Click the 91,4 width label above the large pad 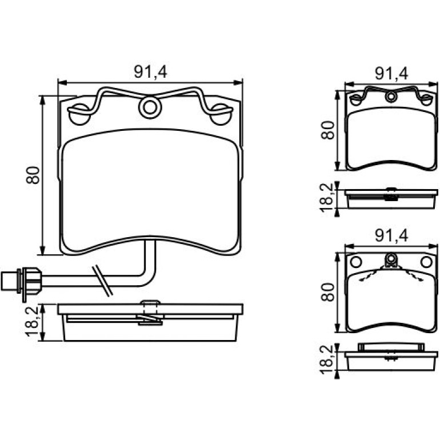(150, 72)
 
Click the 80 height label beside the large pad (33, 175)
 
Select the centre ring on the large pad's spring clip (150, 107)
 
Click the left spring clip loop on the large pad (79, 114)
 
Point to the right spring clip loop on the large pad (221, 114)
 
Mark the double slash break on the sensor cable (102, 281)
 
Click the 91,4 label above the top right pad (392, 74)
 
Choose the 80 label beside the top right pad (328, 130)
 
